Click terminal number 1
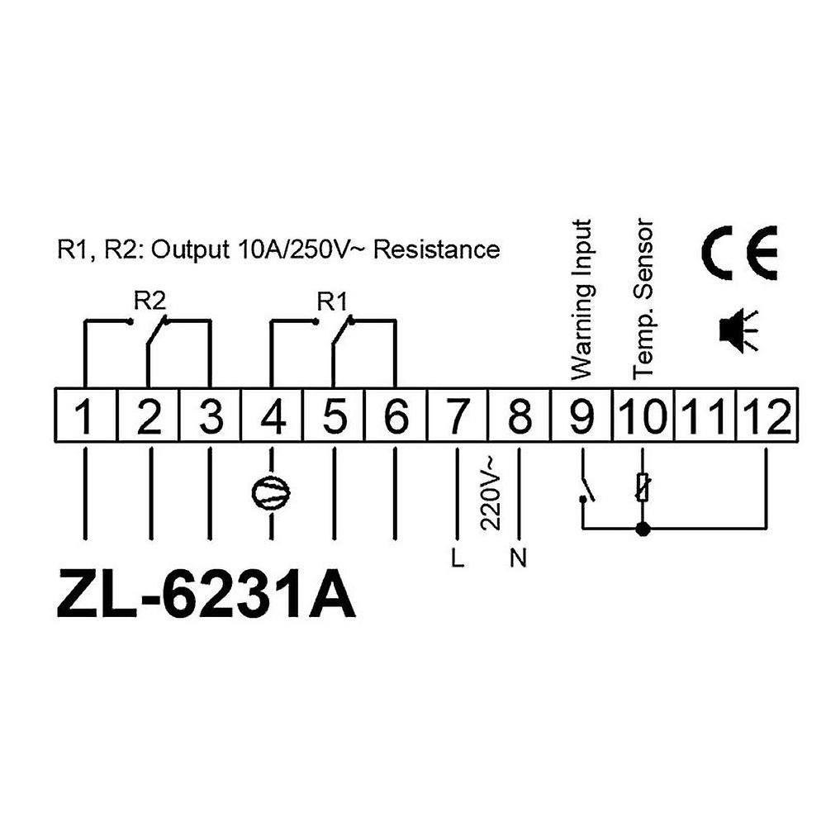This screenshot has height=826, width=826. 85,415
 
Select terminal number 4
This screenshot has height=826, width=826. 273,415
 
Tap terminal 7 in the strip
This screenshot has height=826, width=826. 458,415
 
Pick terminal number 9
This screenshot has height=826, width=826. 582,415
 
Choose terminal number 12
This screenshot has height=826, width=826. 767,415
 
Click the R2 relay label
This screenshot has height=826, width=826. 150,301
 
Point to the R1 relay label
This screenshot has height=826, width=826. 333,302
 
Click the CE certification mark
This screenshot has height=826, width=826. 740,253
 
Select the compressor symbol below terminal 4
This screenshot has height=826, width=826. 271,491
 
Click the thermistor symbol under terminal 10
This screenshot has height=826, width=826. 642,487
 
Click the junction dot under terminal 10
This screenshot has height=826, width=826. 642,528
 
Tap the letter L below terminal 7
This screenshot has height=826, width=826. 458,558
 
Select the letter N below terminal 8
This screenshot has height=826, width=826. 519,558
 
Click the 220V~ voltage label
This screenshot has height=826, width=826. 488,492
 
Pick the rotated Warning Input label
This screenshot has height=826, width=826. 582,299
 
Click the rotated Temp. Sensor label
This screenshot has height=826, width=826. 643,299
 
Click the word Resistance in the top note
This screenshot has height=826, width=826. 437,249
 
